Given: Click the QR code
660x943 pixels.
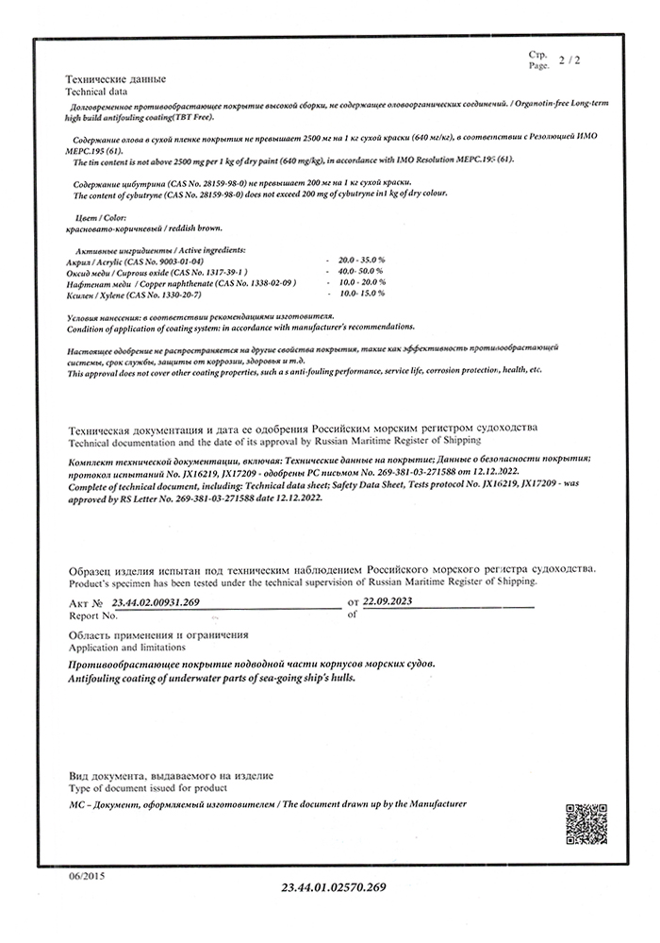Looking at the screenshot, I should click(x=585, y=822).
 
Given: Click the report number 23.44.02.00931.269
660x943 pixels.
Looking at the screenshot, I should click(x=156, y=601).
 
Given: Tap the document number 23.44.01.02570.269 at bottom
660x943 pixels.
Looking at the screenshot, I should click(x=334, y=888).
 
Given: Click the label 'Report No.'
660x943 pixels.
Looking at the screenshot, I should click(x=92, y=615).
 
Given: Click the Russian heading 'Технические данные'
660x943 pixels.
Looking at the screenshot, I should click(x=115, y=79).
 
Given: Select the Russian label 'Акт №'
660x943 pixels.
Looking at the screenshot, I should click(x=85, y=602).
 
